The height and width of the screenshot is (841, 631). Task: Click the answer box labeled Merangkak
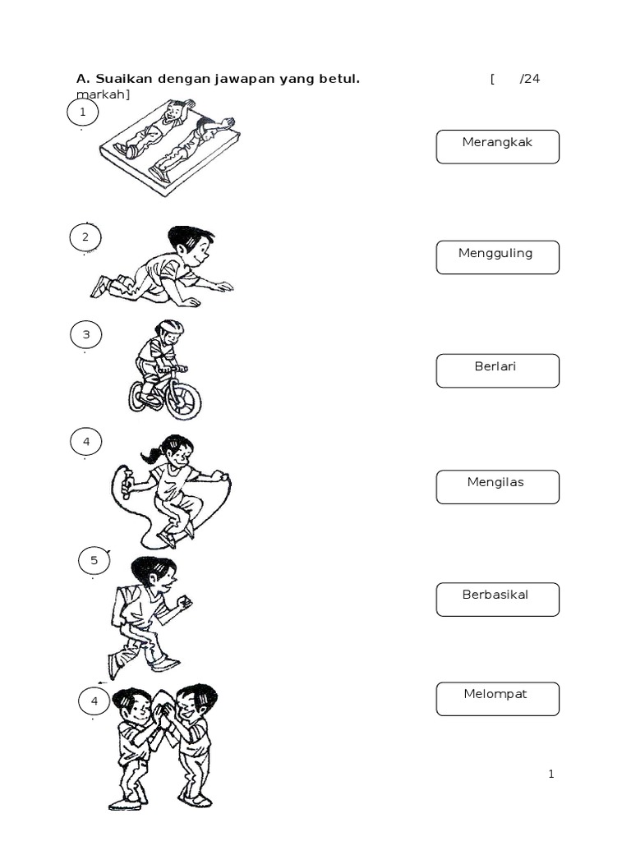point(497,146)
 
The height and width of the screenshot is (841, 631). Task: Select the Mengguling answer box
point(497,257)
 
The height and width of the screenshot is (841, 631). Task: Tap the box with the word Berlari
point(497,370)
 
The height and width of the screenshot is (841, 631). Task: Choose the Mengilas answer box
point(497,486)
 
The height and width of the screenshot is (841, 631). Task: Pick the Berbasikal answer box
point(497,599)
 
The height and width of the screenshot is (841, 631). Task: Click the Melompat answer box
point(497,698)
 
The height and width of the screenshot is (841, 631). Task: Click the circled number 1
point(82,112)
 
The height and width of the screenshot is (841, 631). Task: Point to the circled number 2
point(85,238)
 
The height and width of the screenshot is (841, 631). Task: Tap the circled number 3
point(85,335)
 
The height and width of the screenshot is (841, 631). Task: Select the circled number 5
point(94,561)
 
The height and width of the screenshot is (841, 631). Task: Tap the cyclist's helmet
point(171,328)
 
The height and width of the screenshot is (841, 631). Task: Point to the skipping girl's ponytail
point(151,454)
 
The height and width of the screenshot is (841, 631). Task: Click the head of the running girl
point(156,573)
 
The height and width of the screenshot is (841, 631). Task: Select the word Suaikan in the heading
point(123,79)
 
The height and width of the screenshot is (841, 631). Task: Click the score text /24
point(530,79)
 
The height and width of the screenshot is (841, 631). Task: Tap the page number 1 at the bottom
point(551,774)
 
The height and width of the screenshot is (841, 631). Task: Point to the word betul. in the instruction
point(341,79)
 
